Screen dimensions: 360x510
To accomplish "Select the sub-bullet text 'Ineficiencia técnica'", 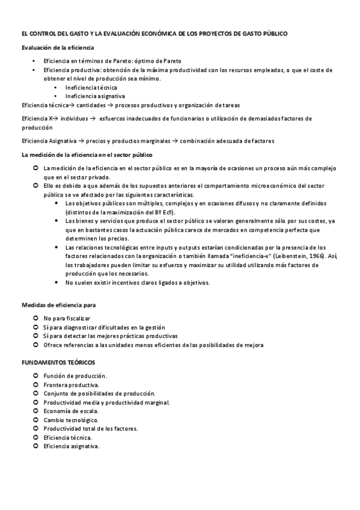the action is coord(91,87).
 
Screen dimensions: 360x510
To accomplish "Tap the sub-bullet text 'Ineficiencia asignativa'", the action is coord(95,96).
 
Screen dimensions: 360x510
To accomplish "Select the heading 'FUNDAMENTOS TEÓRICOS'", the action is coord(58,363).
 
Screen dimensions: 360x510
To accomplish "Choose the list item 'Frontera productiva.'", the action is coord(72,384).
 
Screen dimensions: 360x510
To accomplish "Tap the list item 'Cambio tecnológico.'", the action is coord(71,420).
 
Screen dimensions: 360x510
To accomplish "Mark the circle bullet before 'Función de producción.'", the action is coord(36,375).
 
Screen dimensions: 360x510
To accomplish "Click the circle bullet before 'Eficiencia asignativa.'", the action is coord(36,446).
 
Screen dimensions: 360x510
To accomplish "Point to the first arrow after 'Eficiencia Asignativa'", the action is coord(81,141).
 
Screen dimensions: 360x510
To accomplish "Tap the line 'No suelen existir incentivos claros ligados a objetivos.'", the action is coord(137,283).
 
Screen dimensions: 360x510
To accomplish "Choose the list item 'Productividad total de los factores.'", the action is coord(91,429).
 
